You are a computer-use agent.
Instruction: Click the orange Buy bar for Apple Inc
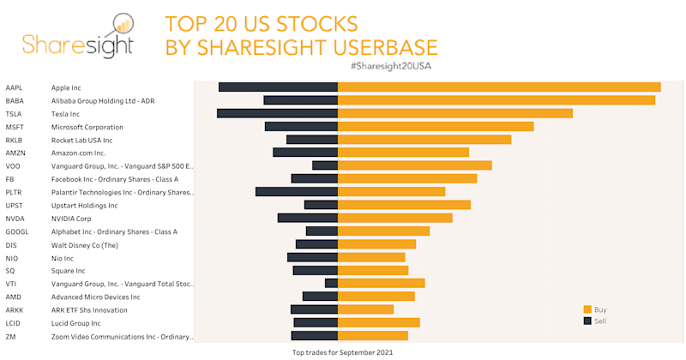pos(499,87)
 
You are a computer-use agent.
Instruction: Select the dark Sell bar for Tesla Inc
pos(277,113)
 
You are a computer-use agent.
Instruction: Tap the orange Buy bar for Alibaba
pos(496,100)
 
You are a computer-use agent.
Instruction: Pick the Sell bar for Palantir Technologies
pos(297,192)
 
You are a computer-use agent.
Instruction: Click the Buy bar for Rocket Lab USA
pos(424,140)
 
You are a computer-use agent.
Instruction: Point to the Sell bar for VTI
pos(331,283)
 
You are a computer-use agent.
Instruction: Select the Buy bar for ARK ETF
pos(366,309)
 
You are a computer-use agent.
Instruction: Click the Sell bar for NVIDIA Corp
pos(308,218)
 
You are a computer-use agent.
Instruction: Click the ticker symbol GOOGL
pos(17,231)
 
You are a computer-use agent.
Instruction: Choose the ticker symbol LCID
pos(15,323)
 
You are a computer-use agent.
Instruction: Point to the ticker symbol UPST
pos(15,206)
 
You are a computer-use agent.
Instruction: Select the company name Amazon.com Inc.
pos(78,153)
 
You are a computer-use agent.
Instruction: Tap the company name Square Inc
pos(69,271)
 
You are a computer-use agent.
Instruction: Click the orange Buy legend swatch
pos(587,309)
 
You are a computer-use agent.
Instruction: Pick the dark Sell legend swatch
pos(587,321)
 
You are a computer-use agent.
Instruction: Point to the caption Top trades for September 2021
pos(342,352)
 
